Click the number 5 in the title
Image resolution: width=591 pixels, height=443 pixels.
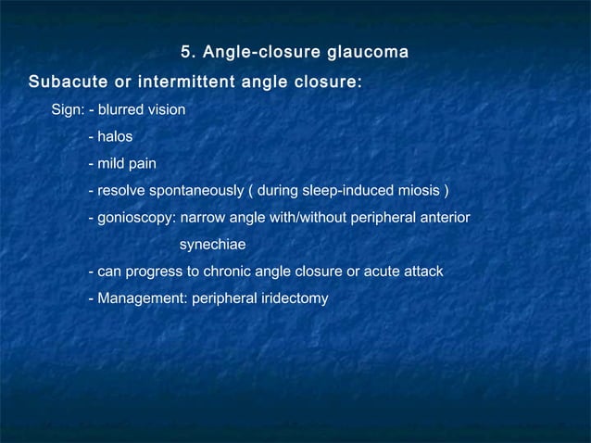point(184,49)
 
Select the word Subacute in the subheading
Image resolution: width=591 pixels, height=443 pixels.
point(68,82)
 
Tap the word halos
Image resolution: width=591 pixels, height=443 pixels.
point(115,137)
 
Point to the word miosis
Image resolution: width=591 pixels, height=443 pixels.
point(419,192)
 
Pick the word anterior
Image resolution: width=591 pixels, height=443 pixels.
point(443,219)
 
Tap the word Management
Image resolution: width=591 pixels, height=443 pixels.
point(140,299)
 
